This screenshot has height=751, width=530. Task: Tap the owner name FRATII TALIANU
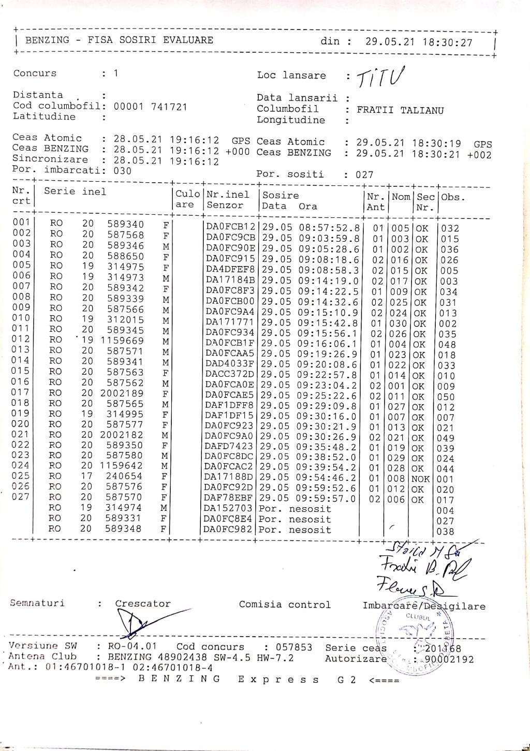click(x=400, y=110)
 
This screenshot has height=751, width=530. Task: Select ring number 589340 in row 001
click(x=126, y=224)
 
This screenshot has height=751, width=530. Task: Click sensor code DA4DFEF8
click(x=230, y=270)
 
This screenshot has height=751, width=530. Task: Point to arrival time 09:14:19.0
click(x=328, y=281)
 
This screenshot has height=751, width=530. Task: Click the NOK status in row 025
click(x=420, y=479)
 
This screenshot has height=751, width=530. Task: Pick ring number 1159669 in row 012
click(x=122, y=341)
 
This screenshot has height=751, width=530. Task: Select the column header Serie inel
click(x=75, y=192)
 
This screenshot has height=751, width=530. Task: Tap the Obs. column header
click(x=453, y=197)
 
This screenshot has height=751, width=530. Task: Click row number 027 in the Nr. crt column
click(x=21, y=497)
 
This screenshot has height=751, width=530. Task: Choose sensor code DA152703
click(x=228, y=509)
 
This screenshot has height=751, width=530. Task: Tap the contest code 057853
click(x=293, y=647)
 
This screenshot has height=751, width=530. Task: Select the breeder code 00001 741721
click(x=150, y=107)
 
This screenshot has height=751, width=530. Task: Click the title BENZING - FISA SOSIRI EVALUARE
click(x=119, y=40)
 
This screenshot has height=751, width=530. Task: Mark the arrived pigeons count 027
click(x=364, y=175)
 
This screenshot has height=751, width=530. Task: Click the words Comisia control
click(x=285, y=605)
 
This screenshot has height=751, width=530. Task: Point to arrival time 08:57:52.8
click(x=328, y=228)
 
